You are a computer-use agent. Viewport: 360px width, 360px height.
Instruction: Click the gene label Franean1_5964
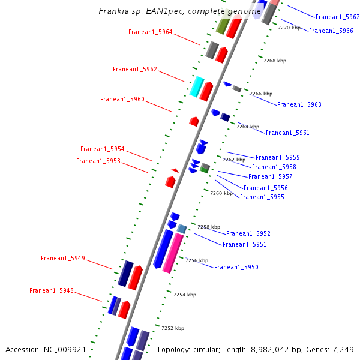pos(150,32)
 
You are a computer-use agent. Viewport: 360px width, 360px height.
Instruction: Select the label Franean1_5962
pos(135,70)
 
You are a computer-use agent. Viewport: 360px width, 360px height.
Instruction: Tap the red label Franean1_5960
pos(122,100)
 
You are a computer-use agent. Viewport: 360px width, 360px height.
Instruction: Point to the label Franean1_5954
pos(103,149)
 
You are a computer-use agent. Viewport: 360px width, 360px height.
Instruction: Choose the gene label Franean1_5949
pos(63,259)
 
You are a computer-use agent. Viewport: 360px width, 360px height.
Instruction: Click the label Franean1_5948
pos(52,291)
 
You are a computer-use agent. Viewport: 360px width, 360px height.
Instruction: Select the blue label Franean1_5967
pos(337,17)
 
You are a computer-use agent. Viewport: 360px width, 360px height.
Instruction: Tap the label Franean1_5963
pos(299,105)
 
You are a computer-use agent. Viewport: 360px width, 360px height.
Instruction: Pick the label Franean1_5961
pos(287,133)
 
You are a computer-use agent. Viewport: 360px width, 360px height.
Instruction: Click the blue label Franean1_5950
pos(236,268)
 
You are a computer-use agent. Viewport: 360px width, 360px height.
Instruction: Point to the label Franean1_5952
pos(248,234)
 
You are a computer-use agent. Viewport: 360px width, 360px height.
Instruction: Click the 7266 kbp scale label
pos(260,94)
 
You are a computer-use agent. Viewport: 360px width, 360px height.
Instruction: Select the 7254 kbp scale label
pos(184,295)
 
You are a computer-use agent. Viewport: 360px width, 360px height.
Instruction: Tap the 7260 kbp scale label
pos(221,193)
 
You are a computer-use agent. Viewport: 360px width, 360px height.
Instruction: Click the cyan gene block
pos(197,86)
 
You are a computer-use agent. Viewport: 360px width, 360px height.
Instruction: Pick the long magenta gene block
pos(173,253)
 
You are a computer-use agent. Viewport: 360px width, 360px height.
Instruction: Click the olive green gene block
pos(223,26)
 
